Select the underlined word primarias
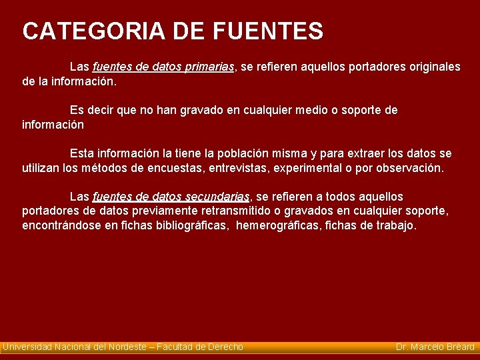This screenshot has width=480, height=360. coord(207,67)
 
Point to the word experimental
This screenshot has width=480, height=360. coord(312,168)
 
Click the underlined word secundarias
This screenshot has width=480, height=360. coord(218,197)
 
